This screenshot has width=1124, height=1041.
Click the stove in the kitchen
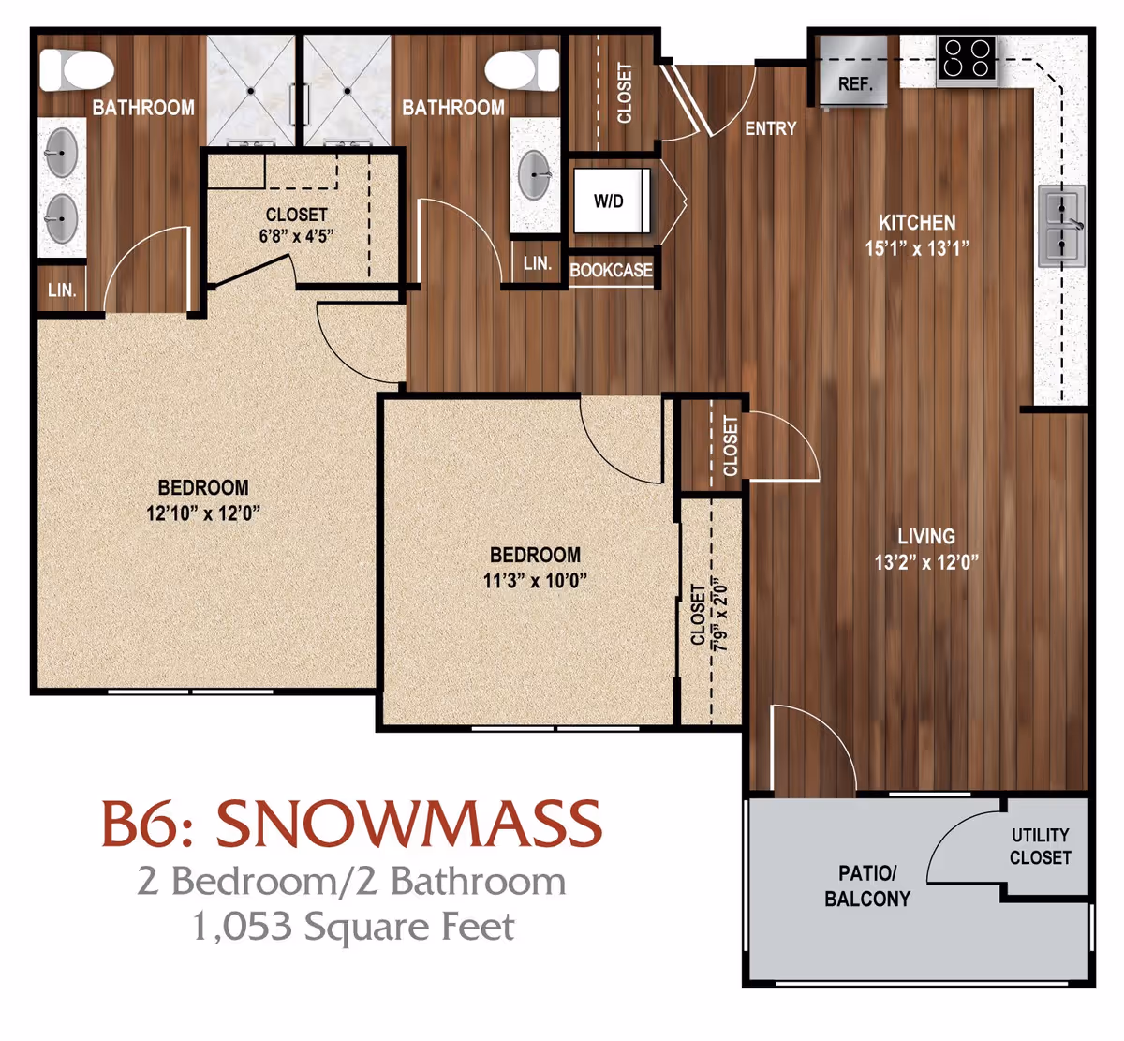[x=967, y=58]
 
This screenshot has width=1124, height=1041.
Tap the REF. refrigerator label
[x=854, y=84]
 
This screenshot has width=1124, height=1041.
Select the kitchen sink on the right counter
[x=1061, y=226]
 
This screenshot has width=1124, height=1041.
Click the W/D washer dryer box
[x=610, y=201]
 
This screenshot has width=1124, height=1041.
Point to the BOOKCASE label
[x=611, y=270]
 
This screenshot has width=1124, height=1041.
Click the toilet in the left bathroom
[x=77, y=69]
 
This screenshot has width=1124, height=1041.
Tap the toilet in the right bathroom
[x=509, y=68]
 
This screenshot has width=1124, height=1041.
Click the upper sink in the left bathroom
[x=62, y=153]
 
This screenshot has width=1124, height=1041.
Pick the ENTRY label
[x=770, y=128]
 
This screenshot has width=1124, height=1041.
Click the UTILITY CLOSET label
[x=1040, y=846]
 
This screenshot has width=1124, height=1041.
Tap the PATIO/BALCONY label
[x=866, y=885]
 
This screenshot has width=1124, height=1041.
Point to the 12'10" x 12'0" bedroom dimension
[x=202, y=513]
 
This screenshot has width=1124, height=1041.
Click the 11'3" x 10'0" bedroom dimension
[x=535, y=580]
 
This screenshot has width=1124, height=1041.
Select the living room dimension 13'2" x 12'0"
[x=925, y=562]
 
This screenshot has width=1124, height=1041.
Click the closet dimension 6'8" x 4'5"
[x=296, y=236]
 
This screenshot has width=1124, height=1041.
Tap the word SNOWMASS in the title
[x=408, y=824]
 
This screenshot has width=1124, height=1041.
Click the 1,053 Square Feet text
[x=353, y=927]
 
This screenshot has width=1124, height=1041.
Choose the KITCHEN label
[x=917, y=223]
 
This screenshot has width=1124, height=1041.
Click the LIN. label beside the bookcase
[x=537, y=263]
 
